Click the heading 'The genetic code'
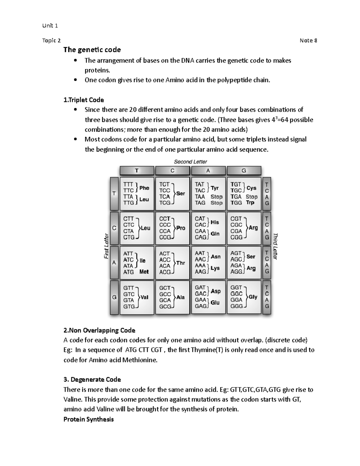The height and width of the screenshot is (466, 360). [92, 50]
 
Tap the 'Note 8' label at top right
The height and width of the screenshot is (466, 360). [308, 41]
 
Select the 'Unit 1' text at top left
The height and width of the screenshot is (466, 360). [50, 26]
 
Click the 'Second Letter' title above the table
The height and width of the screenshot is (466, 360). [190, 162]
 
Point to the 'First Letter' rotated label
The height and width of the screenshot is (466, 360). [106, 246]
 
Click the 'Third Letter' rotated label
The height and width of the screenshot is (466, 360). [275, 246]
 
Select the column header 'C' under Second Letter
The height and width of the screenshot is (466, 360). [172, 171]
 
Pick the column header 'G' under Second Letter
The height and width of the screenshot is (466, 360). [244, 171]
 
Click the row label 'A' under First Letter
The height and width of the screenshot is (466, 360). [114, 263]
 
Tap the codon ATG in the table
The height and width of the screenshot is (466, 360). [128, 272]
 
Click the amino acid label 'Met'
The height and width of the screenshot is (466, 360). [144, 272]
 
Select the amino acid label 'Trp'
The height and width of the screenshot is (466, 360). [250, 203]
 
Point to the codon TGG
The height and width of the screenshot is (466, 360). [236, 203]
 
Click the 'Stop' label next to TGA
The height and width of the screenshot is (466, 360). [251, 197]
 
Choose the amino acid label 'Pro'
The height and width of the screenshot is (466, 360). [181, 228]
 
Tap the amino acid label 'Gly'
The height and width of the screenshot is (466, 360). [253, 297]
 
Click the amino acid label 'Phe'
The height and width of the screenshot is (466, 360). [144, 188]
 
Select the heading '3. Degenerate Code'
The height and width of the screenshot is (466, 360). [92, 380]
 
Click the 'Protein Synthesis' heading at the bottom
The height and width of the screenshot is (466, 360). [88, 419]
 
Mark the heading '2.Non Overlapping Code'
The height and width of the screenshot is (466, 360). [99, 331]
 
